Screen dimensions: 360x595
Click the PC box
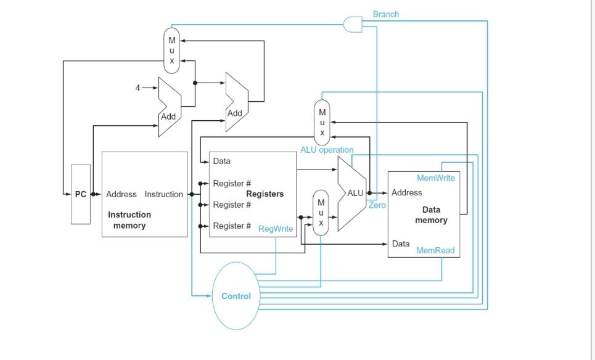click(81, 194)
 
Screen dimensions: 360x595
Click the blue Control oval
click(236, 296)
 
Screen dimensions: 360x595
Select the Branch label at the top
click(385, 14)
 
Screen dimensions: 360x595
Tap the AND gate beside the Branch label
click(353, 24)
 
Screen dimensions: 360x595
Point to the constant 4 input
click(138, 88)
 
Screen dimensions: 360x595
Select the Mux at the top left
click(172, 50)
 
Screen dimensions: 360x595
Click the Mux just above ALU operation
click(322, 122)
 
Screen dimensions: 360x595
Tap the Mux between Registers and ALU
click(321, 212)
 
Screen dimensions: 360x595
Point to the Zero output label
click(377, 205)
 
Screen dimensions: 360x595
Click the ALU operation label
click(327, 150)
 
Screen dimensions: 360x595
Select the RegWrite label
click(276, 229)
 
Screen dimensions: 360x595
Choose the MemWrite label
click(435, 178)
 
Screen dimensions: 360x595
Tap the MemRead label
click(435, 250)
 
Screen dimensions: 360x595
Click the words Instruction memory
click(129, 220)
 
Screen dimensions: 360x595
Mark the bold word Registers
click(265, 194)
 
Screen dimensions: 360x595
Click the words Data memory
click(431, 215)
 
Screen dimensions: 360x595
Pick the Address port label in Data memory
click(407, 192)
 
